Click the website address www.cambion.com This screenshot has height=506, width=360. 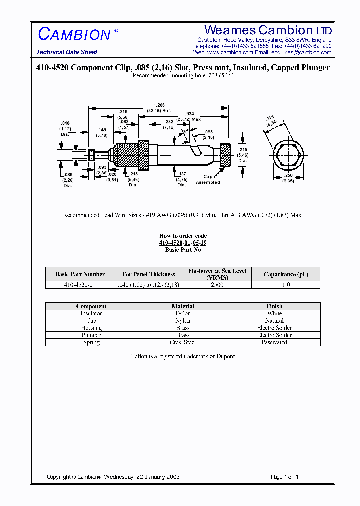click(x=230, y=52)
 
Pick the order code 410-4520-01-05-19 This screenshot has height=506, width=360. click(x=183, y=243)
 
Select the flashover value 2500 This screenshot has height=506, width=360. click(x=217, y=285)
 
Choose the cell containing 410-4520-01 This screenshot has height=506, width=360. click(x=80, y=285)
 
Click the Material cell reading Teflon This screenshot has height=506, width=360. click(x=183, y=313)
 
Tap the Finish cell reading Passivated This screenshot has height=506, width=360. click(x=274, y=342)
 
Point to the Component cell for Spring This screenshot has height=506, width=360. click(x=91, y=342)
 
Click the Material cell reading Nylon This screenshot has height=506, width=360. click(x=183, y=321)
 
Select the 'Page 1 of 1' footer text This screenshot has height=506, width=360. click(x=284, y=477)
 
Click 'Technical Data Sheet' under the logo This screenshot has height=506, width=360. click(x=67, y=52)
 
